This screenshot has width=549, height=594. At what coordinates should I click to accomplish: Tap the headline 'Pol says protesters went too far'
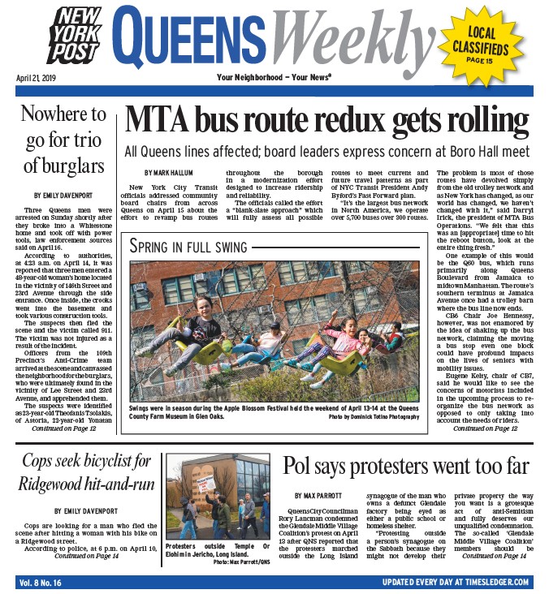coord(405,467)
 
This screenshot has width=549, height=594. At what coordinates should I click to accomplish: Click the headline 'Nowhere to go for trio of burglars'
coord(63,140)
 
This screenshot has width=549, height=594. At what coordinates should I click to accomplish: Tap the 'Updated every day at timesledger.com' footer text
coord(456,583)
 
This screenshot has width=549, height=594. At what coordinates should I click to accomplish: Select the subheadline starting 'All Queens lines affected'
coord(326,152)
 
